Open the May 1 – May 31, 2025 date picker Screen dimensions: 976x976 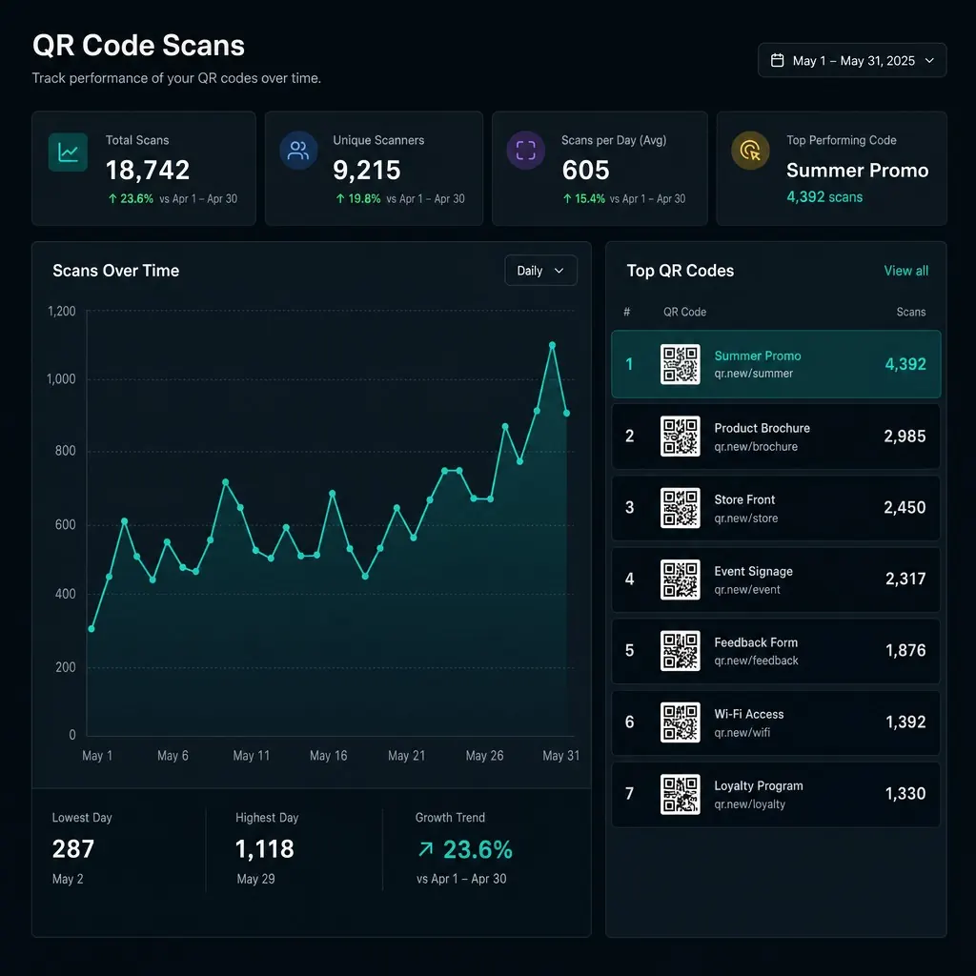coord(851,60)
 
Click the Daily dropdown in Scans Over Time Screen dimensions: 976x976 coord(540,271)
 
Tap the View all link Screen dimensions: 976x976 coord(905,271)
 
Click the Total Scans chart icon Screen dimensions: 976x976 coord(68,152)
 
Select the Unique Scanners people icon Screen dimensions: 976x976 coord(298,150)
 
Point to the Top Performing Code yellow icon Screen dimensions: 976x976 coord(750,150)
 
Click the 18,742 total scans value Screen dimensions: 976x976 coord(148,170)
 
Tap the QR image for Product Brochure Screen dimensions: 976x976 coord(680,436)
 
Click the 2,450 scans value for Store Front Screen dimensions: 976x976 coord(905,507)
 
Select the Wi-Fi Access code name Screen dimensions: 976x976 coord(749,714)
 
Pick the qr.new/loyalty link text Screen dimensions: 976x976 coord(749,804)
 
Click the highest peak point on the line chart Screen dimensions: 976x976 coord(552,345)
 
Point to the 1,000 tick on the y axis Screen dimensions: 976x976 coord(61,379)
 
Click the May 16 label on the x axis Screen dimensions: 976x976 coord(329,756)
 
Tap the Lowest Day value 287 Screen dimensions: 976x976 coord(73,849)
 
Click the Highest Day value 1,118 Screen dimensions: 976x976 coord(265,849)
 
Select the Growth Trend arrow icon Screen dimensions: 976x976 coord(426,849)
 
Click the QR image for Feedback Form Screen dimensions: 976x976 coord(680,650)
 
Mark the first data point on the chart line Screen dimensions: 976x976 coord(91,629)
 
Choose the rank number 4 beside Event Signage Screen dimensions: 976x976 coord(629,579)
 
